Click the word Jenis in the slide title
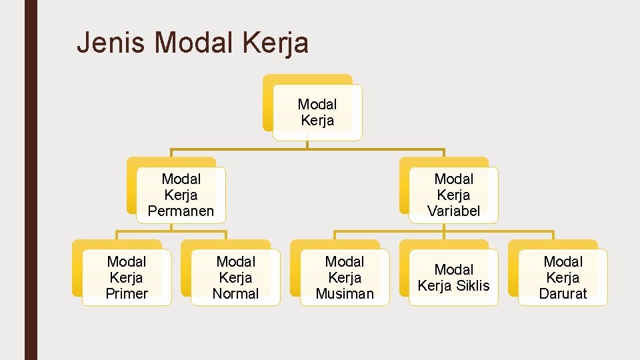click(x=111, y=43)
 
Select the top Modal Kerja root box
click(x=317, y=112)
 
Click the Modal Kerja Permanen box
click(x=181, y=195)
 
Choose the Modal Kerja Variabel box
click(x=453, y=195)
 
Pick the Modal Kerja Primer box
click(x=126, y=277)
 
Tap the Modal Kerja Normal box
click(x=235, y=277)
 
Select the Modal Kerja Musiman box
click(x=344, y=277)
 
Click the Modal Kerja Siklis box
click(x=453, y=277)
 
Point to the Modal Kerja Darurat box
click(x=563, y=277)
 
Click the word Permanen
click(x=181, y=211)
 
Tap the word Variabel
click(x=453, y=211)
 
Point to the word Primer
click(x=126, y=293)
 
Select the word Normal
click(x=235, y=293)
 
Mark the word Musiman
click(x=345, y=293)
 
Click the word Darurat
click(x=563, y=293)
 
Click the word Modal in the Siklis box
click(x=453, y=269)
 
